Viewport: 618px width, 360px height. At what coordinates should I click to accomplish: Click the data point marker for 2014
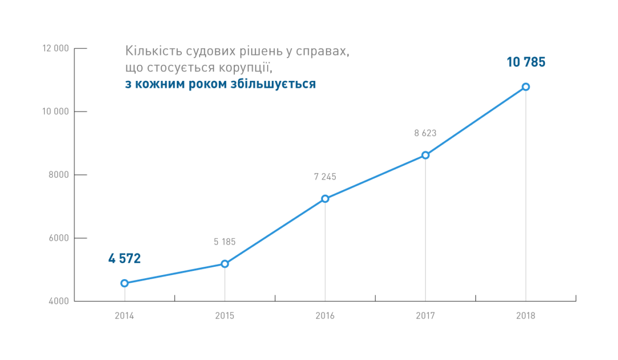pos(125,283)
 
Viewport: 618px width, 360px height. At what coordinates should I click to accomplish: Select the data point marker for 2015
pos(225,264)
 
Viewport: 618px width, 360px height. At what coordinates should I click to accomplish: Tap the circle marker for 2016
pos(325,199)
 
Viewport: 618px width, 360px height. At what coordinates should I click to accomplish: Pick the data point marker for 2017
pos(425,155)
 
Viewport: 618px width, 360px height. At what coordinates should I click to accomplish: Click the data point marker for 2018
pos(526,87)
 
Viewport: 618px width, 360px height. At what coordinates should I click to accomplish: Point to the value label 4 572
pos(124,259)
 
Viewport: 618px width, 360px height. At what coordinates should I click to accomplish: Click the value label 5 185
pos(225,242)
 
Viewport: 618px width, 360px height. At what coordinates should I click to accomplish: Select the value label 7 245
pos(325,177)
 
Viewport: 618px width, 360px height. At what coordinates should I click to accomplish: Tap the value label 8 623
pos(425,133)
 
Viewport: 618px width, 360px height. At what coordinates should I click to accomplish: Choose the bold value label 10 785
pos(526,62)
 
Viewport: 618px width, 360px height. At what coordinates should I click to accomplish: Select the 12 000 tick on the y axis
pos(57,48)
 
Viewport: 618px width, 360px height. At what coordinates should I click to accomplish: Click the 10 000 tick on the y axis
pos(57,112)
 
